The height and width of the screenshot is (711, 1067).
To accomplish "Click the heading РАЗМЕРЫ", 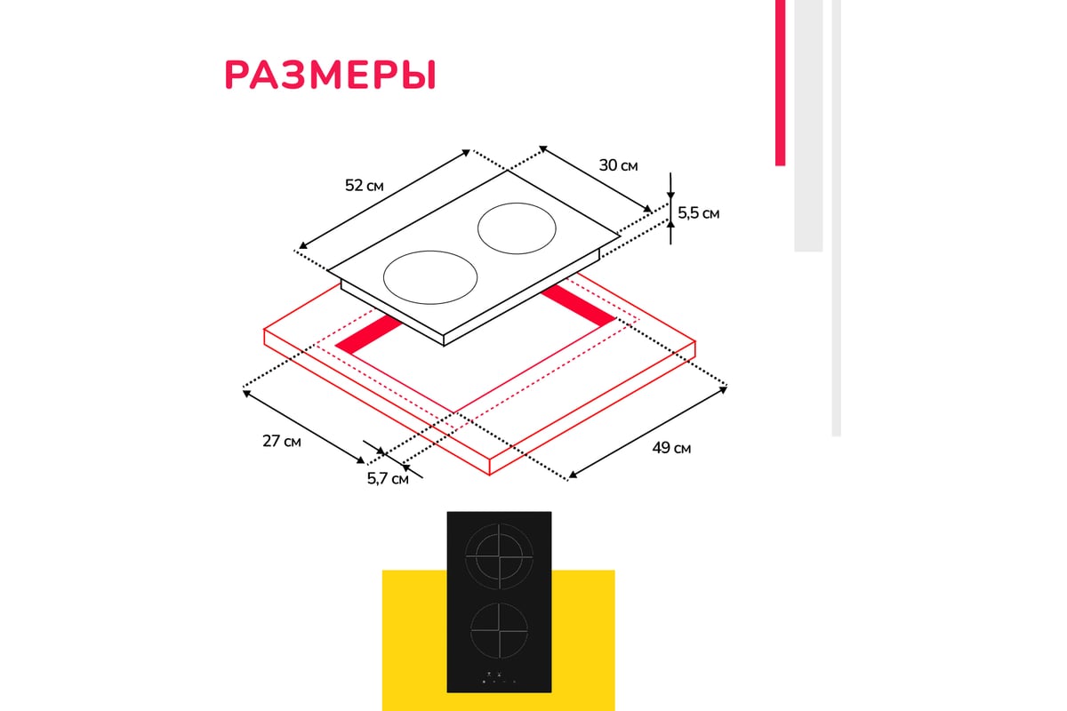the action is pyautogui.click(x=330, y=75).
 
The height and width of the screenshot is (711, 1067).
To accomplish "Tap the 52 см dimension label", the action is pyautogui.click(x=365, y=185).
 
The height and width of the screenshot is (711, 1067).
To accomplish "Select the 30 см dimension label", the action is pyautogui.click(x=618, y=165).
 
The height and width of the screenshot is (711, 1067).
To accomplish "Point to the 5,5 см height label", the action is pyautogui.click(x=698, y=213).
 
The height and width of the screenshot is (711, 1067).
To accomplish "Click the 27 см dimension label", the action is pyautogui.click(x=282, y=441).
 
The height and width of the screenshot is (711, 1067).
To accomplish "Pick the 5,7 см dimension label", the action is pyautogui.click(x=388, y=478).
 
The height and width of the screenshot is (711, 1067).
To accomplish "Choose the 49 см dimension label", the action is pyautogui.click(x=671, y=448).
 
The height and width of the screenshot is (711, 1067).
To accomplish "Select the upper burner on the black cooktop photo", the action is pyautogui.click(x=499, y=556).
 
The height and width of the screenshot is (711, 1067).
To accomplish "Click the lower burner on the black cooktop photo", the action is pyautogui.click(x=499, y=630).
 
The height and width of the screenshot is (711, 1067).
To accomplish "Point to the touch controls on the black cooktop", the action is pyautogui.click(x=499, y=677).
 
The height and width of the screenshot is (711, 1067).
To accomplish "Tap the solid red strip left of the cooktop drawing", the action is pyautogui.click(x=369, y=334).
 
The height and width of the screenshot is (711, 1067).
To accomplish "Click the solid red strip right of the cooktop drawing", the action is pyautogui.click(x=577, y=305).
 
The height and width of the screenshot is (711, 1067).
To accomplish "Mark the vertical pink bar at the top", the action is pyautogui.click(x=781, y=83).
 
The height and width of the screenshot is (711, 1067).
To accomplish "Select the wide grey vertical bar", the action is pyautogui.click(x=808, y=125).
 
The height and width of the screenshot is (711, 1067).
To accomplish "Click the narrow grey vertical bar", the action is pyautogui.click(x=837, y=218).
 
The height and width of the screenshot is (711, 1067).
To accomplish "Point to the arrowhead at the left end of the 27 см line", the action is pyautogui.click(x=247, y=394).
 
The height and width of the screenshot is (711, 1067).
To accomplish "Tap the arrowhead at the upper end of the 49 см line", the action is pyautogui.click(x=723, y=390).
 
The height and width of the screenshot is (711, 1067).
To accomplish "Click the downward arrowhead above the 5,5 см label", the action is pyautogui.click(x=670, y=196).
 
